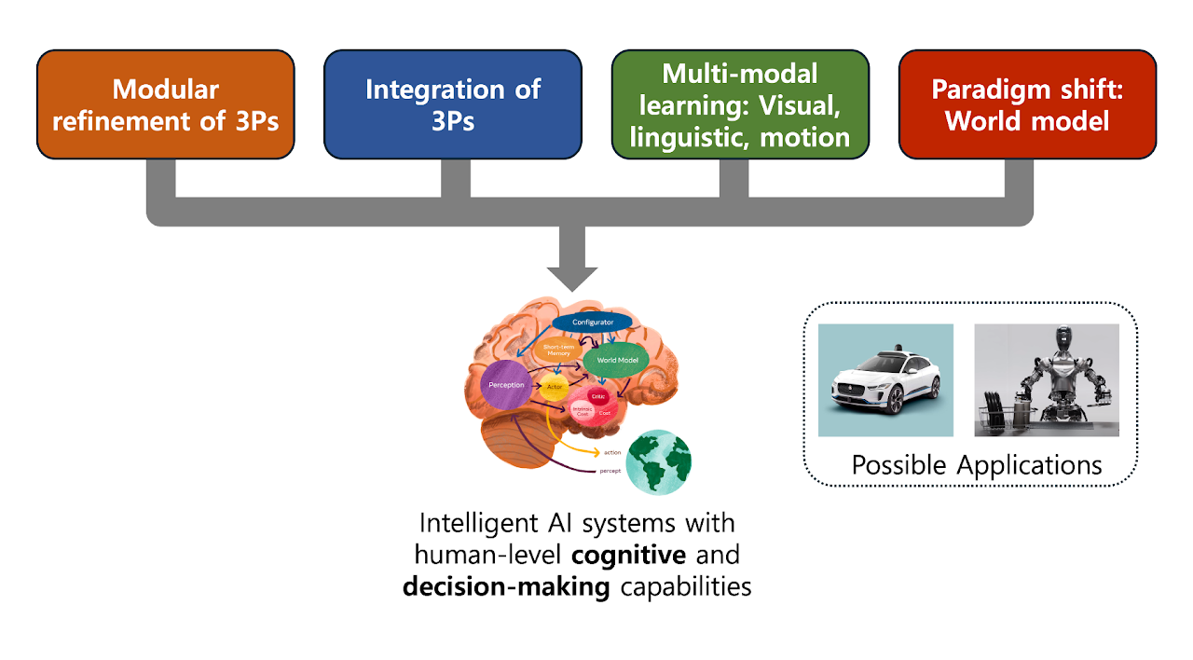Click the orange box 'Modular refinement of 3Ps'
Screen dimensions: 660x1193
coord(166,104)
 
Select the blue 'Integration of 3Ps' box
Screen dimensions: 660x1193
coord(453,104)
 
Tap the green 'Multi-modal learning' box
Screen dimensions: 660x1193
coord(740,104)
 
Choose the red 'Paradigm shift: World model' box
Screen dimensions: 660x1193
coord(1027,104)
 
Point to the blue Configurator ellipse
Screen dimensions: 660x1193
coord(592,323)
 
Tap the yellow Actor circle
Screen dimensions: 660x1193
coord(554,386)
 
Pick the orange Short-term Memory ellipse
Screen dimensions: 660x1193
coord(558,351)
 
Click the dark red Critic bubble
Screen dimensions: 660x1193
coord(598,396)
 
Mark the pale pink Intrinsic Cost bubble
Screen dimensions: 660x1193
coord(583,411)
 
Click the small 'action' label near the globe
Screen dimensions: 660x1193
coord(611,452)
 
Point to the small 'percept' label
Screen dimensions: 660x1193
coord(610,471)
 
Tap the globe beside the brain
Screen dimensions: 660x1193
coord(658,462)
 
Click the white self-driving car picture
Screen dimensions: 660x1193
coord(885,380)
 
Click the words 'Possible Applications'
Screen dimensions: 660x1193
coord(976,464)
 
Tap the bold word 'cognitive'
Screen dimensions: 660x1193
coord(629,555)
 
